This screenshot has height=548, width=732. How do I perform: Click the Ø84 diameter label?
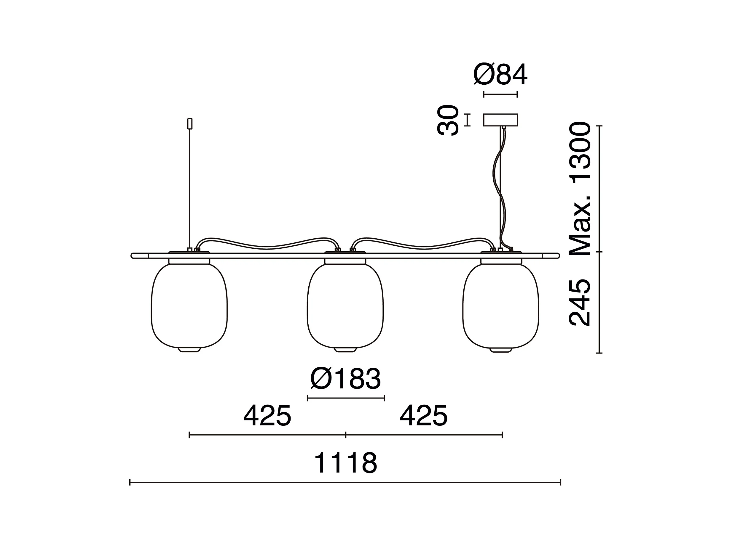click(500, 75)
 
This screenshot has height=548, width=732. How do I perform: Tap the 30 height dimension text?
click(448, 120)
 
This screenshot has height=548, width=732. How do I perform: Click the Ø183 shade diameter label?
click(346, 379)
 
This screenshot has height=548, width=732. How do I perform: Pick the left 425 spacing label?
click(267, 416)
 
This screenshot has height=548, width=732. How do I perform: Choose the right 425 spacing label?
click(424, 416)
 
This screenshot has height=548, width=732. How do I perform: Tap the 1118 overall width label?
click(345, 463)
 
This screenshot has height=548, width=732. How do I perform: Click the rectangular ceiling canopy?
click(500, 120)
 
